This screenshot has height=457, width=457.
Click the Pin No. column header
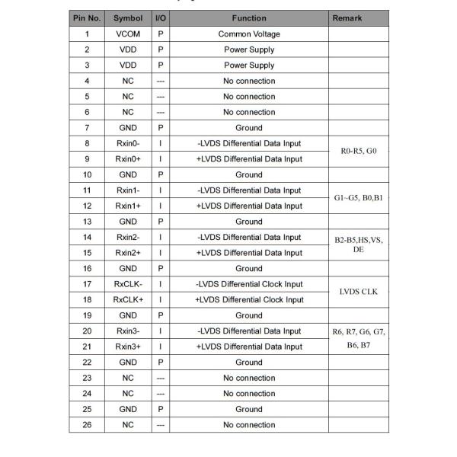tap(87, 18)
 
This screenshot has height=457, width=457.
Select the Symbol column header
tap(128, 18)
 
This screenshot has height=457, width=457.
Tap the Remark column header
tap(347, 18)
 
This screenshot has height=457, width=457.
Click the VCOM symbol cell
tap(128, 34)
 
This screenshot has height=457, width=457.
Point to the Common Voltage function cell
tap(249, 34)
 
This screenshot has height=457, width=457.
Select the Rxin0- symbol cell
tap(128, 143)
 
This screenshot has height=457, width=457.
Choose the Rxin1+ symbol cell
tap(128, 206)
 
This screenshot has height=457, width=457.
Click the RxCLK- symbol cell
tap(128, 284)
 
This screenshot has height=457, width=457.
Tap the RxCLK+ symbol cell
tap(128, 299)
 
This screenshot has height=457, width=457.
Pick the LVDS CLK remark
tap(359, 292)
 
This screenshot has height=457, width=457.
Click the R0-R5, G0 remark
tap(359, 151)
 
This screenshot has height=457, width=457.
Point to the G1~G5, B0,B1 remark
tap(359, 198)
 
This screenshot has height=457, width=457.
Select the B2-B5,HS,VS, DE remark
tap(359, 244)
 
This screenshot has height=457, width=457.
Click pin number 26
tap(87, 424)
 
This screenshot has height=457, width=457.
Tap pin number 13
tap(87, 222)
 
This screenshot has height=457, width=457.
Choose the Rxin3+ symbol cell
tap(128, 347)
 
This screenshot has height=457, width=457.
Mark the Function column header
tap(249, 18)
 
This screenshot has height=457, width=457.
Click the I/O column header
tap(161, 18)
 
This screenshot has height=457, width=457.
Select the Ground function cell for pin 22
tap(249, 362)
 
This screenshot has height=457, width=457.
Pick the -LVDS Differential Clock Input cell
tap(249, 284)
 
